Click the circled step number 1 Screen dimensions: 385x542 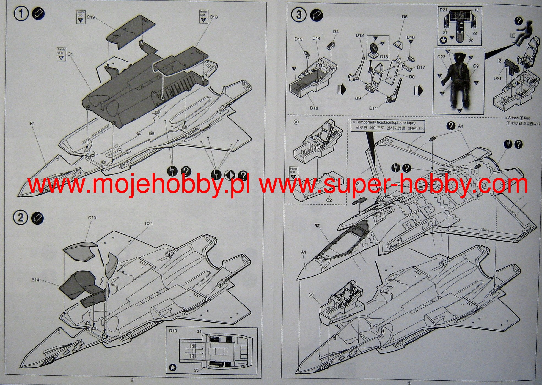21,13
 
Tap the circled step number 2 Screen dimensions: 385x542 21,218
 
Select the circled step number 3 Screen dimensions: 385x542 299,15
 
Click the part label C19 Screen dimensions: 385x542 91,17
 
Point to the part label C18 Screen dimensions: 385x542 213,17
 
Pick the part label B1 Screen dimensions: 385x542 32,124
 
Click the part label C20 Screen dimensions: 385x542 92,218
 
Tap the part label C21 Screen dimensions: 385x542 149,223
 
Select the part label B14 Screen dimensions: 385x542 35,280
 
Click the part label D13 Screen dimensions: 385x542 298,39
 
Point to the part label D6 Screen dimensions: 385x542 405,17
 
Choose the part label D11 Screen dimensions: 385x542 373,108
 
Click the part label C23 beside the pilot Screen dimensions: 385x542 441,57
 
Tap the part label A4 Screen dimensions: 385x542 461,126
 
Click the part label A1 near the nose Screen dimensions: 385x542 303,252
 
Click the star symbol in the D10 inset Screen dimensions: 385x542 173,367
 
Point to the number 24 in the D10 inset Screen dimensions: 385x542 199,331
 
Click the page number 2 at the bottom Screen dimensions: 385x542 132,380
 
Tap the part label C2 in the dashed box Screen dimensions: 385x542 329,200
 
